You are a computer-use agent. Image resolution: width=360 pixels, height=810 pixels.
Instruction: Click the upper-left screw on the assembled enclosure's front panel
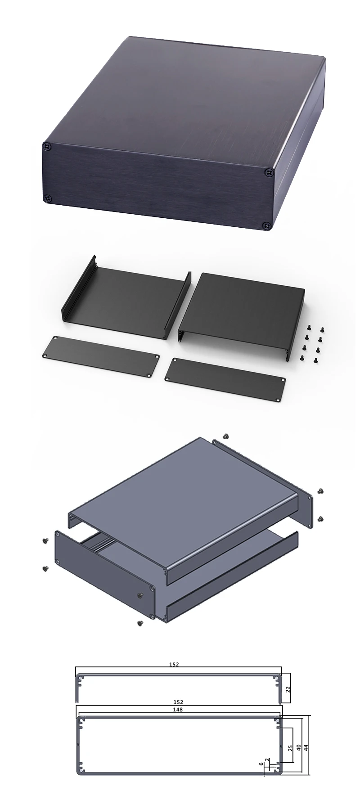click(47, 146)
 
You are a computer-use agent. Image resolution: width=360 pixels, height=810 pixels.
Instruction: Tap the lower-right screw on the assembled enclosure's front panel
click(267, 225)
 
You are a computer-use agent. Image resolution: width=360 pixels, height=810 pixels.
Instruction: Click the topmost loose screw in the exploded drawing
click(225, 436)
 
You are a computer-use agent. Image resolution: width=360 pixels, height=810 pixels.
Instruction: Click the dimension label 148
click(179, 710)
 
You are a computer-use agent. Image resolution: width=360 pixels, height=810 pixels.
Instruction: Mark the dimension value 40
click(298, 747)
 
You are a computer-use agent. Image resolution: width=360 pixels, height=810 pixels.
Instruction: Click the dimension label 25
click(290, 748)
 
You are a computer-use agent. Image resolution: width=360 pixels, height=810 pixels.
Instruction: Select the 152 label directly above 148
click(179, 702)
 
